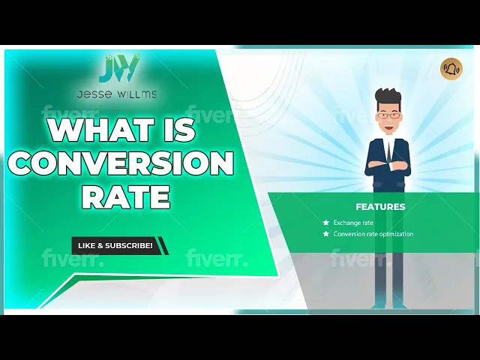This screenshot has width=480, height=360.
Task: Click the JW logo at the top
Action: pyautogui.click(x=118, y=70)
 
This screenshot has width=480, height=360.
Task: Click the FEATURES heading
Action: pyautogui.click(x=380, y=206)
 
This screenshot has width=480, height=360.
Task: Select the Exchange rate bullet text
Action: pyautogui.click(x=353, y=223)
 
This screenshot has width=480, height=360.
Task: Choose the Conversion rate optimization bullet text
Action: pyautogui.click(x=373, y=234)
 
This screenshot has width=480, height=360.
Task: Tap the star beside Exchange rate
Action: pyautogui.click(x=325, y=223)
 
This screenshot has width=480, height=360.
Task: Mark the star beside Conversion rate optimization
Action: pyautogui.click(x=325, y=234)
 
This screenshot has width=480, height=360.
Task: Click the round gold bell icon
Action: pyautogui.click(x=451, y=69)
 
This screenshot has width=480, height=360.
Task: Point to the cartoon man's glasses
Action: pyautogui.click(x=387, y=115)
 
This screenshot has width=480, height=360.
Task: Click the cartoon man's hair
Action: pyautogui.click(x=388, y=98)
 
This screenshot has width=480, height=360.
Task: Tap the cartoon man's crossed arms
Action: pyautogui.click(x=387, y=163)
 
